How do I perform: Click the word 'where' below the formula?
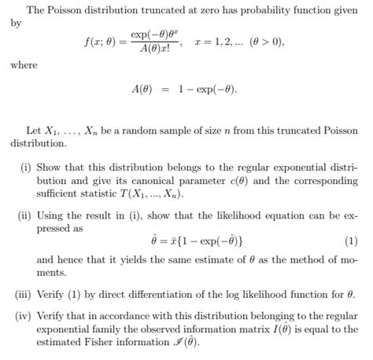coord(24,64)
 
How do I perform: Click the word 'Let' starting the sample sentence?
coord(34,130)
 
